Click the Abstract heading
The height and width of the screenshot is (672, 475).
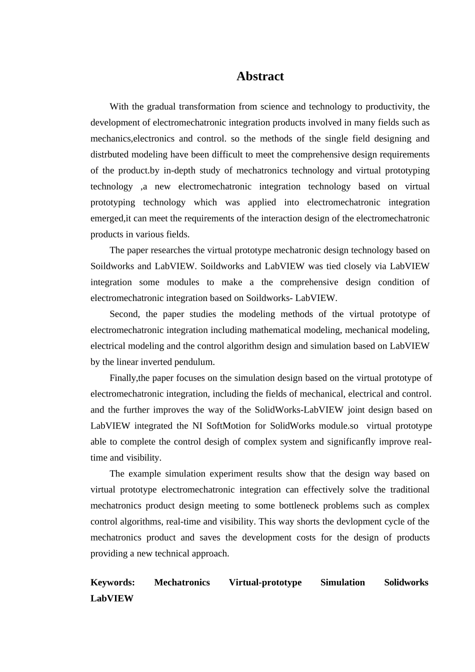[x=260, y=76]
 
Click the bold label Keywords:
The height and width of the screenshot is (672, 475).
[x=112, y=582]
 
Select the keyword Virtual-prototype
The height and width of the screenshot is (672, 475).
[x=265, y=582]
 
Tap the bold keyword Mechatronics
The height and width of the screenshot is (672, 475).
[x=182, y=582]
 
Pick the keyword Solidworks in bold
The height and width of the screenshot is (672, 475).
[x=406, y=582]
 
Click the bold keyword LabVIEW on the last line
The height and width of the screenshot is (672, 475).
[x=112, y=598]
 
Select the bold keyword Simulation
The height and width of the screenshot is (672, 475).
[x=342, y=582]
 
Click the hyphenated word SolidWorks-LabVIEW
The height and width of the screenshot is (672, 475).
[x=299, y=410]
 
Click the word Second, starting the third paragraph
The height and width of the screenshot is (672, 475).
[x=125, y=314]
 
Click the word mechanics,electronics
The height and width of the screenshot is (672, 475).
[x=132, y=138]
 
